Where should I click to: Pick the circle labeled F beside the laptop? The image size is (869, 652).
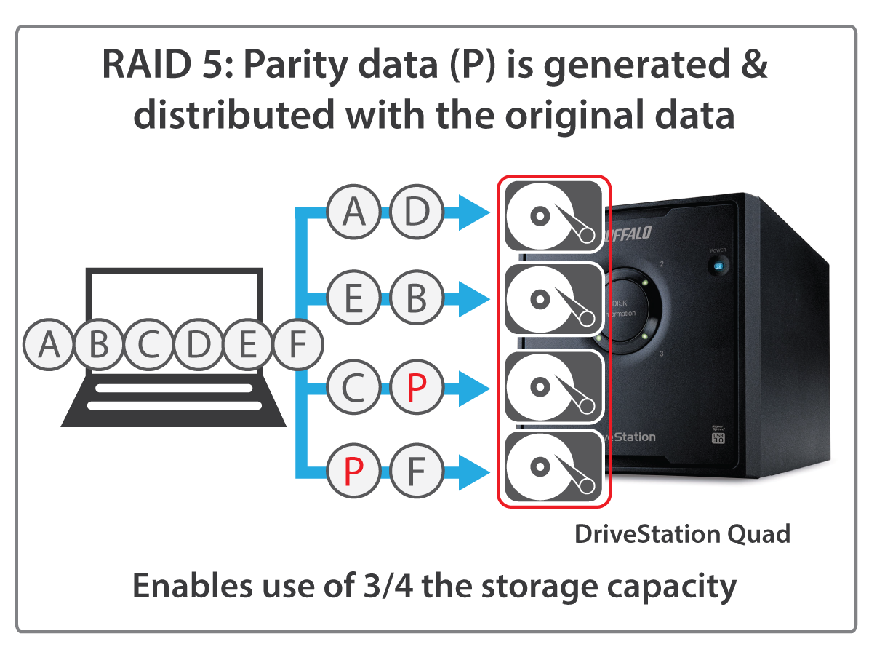[297, 344]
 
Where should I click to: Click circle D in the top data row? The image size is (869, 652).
[416, 212]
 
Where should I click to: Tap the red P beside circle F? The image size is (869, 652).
[353, 473]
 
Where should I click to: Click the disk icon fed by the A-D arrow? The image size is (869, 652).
[553, 216]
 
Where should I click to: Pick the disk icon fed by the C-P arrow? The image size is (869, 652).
[553, 386]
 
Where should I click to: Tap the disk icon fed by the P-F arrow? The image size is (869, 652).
[553, 467]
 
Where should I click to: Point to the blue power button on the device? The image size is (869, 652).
[718, 266]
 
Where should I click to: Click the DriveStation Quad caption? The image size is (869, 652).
[681, 535]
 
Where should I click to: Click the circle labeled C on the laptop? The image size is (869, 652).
[148, 344]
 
